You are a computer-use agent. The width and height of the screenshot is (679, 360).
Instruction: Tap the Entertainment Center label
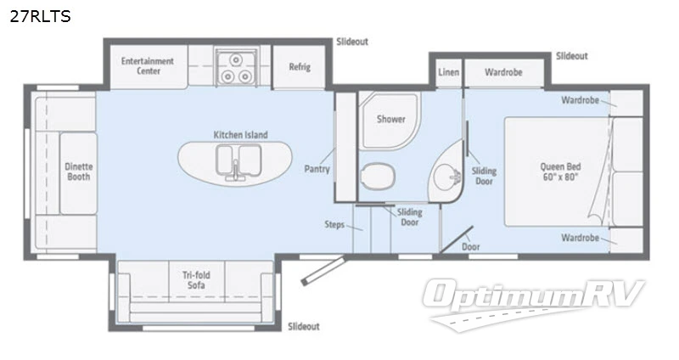pyautogui.click(x=147, y=66)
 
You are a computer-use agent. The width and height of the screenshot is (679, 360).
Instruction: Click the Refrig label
pyautogui.click(x=299, y=67)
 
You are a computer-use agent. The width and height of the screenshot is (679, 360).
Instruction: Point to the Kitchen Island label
pyautogui.click(x=240, y=134)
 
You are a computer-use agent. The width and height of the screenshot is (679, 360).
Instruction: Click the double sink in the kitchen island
pyautogui.click(x=236, y=159)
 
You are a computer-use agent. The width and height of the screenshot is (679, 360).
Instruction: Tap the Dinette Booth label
pyautogui.click(x=78, y=172)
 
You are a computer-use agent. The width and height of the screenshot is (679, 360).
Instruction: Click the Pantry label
pyautogui.click(x=317, y=169)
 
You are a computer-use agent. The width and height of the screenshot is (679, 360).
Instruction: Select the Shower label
pyautogui.click(x=390, y=120)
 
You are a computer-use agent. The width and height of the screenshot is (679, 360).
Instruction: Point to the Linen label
pyautogui.click(x=448, y=72)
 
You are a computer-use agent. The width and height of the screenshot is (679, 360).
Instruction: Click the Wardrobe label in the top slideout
pyautogui.click(x=502, y=72)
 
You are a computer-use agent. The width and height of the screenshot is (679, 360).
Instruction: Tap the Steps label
pyautogui.click(x=334, y=225)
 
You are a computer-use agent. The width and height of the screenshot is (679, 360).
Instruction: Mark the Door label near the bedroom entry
pyautogui.click(x=469, y=246)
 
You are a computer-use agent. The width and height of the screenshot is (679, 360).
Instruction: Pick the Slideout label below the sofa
pyautogui.click(x=304, y=326)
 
